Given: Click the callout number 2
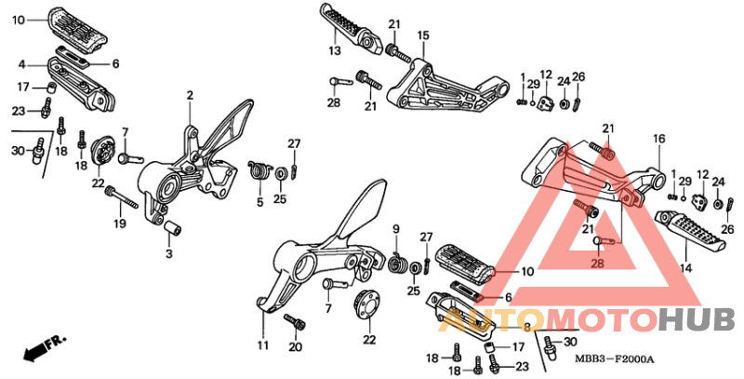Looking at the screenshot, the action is pyautogui.click(x=190, y=96).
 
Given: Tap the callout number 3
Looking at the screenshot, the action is pyautogui.click(x=169, y=253).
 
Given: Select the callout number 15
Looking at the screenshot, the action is pyautogui.click(x=423, y=35).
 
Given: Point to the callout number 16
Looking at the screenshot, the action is pyautogui.click(x=659, y=139).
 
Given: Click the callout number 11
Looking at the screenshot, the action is pyautogui.click(x=263, y=345).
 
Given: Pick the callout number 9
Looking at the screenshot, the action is pyautogui.click(x=396, y=229).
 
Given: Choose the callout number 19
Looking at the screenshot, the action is pyautogui.click(x=120, y=223).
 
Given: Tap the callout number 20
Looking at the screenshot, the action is pyautogui.click(x=295, y=347).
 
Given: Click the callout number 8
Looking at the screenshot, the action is pyautogui.click(x=526, y=327).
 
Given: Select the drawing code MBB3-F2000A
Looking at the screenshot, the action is pyautogui.click(x=614, y=359).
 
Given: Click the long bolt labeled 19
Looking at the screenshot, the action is pyautogui.click(x=122, y=197).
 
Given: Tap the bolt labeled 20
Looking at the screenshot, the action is pyautogui.click(x=295, y=321).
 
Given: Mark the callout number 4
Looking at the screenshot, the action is pyautogui.click(x=21, y=64).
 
